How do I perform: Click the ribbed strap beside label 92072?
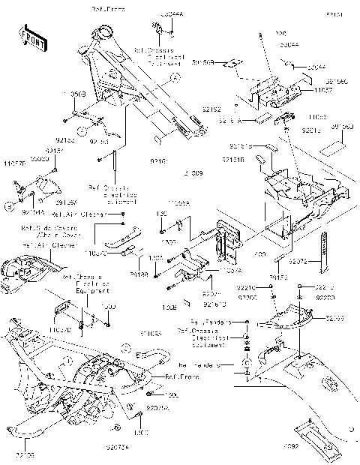[325, 253]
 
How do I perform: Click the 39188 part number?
[139, 276]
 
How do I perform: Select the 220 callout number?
[282, 34]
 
